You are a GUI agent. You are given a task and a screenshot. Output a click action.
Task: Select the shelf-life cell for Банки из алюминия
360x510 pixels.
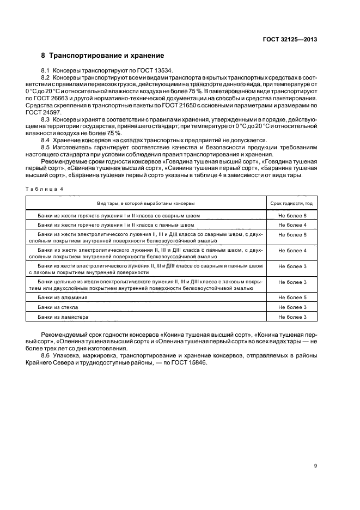(292, 297)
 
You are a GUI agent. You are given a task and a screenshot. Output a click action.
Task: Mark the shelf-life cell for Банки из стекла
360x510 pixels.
(292, 307)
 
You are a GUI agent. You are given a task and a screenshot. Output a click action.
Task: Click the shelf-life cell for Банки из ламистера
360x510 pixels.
(292, 317)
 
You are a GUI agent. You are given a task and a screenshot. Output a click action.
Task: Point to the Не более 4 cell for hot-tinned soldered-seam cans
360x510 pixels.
(292, 224)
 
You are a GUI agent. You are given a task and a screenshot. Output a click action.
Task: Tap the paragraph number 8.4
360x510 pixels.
(46, 140)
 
